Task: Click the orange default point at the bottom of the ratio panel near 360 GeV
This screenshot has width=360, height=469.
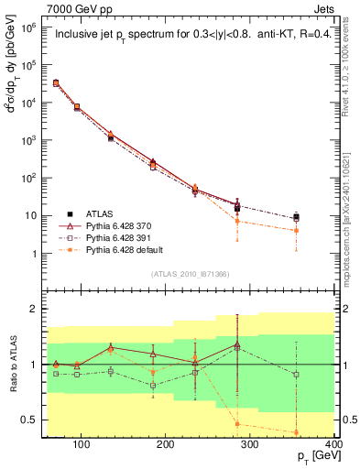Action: tap(322, 432)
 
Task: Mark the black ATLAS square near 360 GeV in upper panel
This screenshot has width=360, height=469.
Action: tap(322, 218)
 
